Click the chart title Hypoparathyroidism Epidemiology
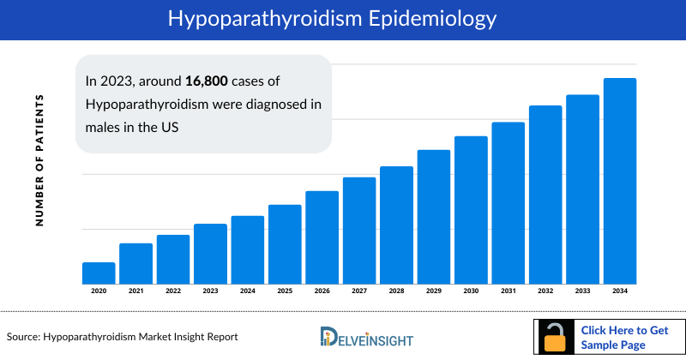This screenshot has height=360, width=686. click(342, 18)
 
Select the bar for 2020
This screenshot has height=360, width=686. click(99, 273)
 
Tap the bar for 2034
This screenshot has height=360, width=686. click(620, 181)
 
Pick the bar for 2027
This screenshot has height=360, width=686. click(359, 231)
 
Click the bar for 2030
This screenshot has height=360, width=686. click(471, 210)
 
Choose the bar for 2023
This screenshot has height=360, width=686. click(210, 254)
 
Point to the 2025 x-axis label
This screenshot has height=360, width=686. click(285, 291)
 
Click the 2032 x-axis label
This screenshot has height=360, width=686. click(545, 291)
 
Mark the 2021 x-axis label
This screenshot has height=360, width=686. click(135, 291)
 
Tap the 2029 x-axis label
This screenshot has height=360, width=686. click(434, 291)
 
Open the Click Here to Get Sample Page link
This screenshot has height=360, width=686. click(623, 338)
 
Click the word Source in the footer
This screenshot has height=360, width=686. click(24, 337)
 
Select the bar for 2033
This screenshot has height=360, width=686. click(582, 189)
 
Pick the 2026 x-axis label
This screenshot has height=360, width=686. click(322, 291)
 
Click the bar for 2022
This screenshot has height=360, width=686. click(173, 260)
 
